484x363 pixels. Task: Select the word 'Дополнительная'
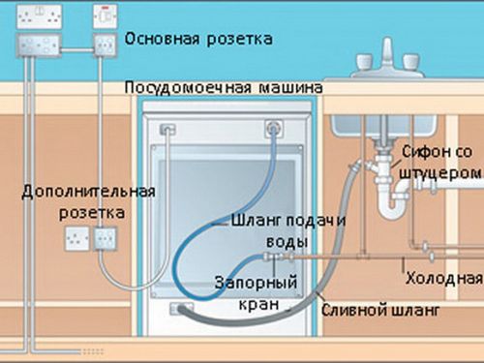point(76,192)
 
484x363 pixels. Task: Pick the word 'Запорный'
point(246,284)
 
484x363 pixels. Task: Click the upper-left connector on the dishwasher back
point(166,127)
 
